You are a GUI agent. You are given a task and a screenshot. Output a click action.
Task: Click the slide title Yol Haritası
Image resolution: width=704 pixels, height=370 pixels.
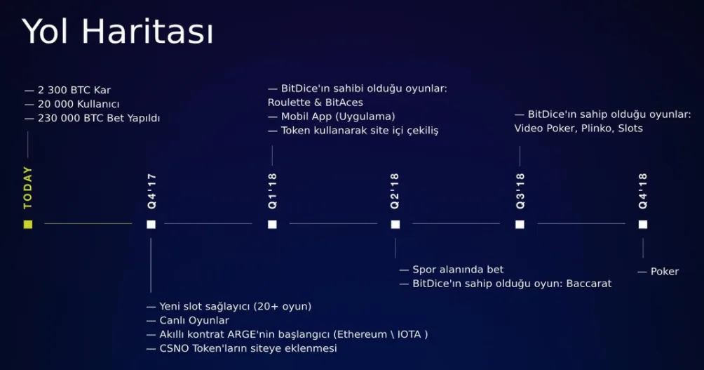(118, 32)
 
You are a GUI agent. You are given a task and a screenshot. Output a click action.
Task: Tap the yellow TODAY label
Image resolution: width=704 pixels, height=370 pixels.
(28, 187)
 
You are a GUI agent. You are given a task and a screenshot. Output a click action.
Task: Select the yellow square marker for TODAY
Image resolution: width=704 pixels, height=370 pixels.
(28, 224)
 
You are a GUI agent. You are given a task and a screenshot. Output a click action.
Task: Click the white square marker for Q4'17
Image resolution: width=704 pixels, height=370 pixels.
(151, 225)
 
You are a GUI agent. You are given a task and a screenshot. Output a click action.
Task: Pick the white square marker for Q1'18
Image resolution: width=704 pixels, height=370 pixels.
(272, 225)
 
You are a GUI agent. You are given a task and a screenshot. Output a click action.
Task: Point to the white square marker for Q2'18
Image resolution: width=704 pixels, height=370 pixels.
(395, 225)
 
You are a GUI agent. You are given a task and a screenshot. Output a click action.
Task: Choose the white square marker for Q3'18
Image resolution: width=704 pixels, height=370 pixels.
(520, 225)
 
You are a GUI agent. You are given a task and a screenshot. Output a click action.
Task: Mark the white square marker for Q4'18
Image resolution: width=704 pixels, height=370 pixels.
(643, 225)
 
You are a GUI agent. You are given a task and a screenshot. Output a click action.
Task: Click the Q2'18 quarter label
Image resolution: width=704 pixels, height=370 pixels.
(395, 191)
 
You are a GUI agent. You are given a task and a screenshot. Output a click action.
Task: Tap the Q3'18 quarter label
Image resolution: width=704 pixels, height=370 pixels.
(520, 191)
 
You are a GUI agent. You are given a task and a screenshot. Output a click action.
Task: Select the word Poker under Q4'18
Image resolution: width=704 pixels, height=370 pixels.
(665, 272)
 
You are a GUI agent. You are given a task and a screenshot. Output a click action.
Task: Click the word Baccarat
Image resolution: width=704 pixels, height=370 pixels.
(588, 284)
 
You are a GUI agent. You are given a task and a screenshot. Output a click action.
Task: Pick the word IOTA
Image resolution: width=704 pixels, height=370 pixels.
(409, 334)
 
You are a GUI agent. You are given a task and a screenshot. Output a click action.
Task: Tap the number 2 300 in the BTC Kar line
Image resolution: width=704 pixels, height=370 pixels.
(52, 90)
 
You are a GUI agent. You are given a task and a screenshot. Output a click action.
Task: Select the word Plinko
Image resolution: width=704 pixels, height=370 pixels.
(597, 128)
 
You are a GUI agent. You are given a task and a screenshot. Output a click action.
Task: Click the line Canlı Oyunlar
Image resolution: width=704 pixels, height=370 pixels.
(194, 321)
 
